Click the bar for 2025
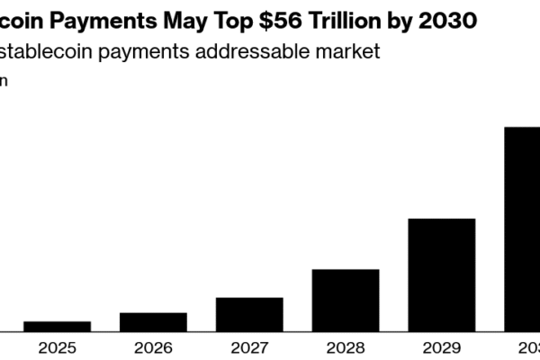[x=57, y=326]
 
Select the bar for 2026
[x=153, y=321]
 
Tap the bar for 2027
[x=249, y=314]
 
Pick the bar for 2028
[x=346, y=300]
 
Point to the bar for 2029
[x=442, y=274]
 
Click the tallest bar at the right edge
[x=522, y=229]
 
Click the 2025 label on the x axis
[x=57, y=347]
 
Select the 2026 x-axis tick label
[x=153, y=347]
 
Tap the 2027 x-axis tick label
[x=249, y=347]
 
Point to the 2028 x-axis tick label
[x=346, y=347]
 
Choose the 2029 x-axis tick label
[x=442, y=347]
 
